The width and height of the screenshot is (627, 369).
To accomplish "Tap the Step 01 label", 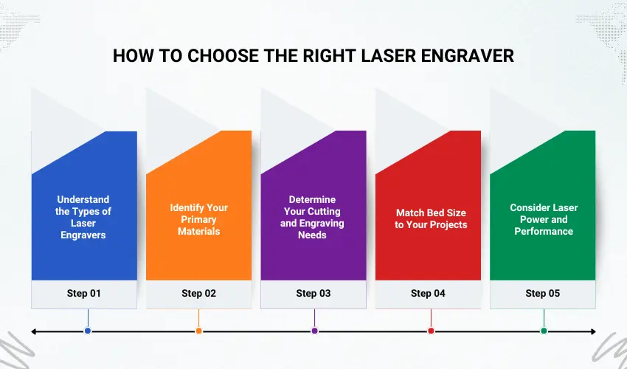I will click(83, 293).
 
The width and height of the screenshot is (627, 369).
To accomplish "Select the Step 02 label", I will click(198, 293).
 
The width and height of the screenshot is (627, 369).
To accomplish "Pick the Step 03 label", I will click(313, 293).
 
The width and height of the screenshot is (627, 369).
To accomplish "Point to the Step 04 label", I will click(428, 293).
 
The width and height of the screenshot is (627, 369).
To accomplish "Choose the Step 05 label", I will click(542, 293).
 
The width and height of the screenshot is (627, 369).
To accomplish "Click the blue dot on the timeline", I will click(88, 331).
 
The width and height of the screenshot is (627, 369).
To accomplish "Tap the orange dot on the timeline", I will click(198, 331).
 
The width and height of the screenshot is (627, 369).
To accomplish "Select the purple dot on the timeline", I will click(314, 331).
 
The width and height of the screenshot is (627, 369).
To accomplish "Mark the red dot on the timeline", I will click(430, 331).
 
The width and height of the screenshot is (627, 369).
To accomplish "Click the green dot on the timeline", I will click(544, 331).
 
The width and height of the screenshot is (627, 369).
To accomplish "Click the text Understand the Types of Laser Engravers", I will click(83, 217).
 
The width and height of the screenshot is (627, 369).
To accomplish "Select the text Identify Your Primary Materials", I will click(198, 219).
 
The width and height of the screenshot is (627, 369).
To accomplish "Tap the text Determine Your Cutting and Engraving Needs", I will click(313, 217).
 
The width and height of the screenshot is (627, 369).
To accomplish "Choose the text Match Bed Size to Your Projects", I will click(431, 218).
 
